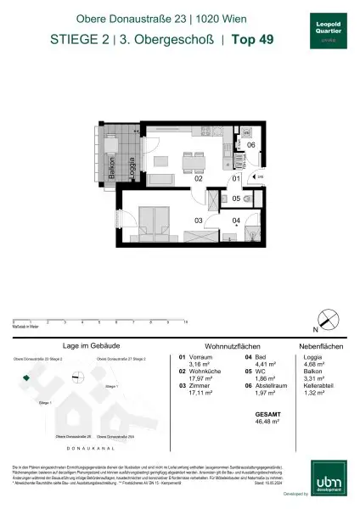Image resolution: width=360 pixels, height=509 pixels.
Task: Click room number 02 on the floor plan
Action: (x=198, y=180)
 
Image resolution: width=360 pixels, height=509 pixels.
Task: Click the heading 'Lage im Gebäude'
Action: (x=89, y=346)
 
